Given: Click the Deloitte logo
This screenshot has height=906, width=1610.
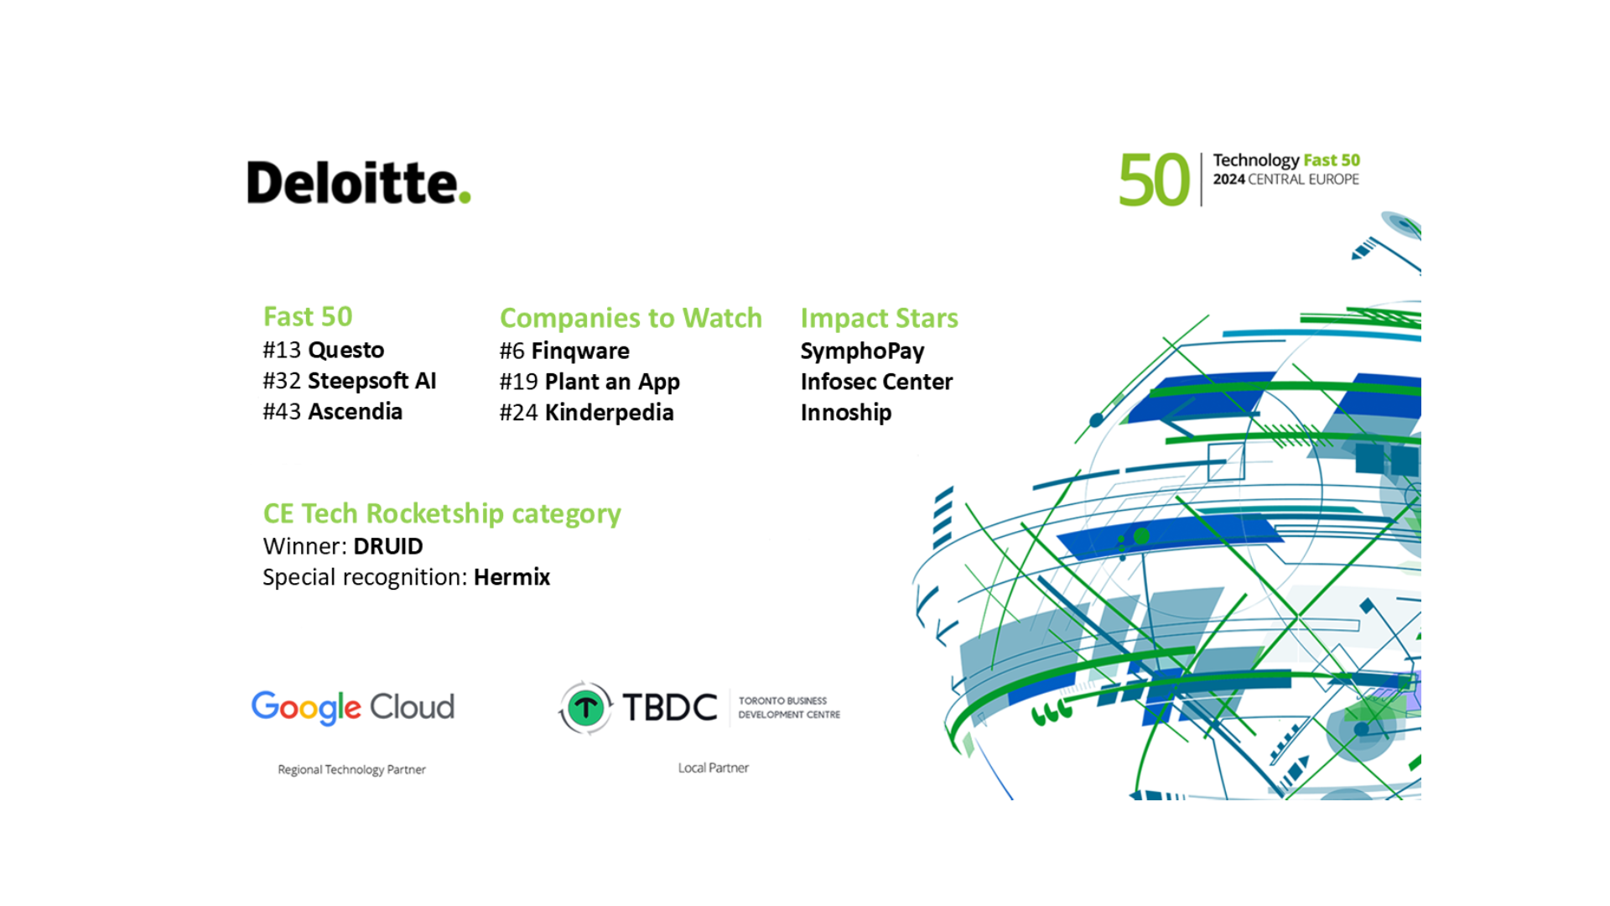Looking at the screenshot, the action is point(359,182).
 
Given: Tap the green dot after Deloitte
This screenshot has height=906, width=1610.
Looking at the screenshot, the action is point(465,198).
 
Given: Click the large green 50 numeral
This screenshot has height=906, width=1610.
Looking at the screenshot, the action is point(1154,180).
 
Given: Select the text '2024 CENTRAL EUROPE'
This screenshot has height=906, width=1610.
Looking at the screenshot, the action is point(1285,180).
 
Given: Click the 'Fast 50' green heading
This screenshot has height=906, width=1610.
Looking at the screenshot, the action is point(308,316).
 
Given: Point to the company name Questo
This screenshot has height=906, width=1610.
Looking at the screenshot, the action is point(345,350).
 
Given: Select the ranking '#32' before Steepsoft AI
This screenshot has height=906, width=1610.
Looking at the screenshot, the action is point(282,381).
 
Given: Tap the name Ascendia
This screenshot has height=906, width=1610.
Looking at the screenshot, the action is point(356,412).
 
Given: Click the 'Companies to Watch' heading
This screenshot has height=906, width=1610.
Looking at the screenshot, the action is point(631,318).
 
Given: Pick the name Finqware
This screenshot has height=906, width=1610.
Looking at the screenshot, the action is point(580,351).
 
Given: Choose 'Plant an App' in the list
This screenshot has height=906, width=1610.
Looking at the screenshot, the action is point(612,382).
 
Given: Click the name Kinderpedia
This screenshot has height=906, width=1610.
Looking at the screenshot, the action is point(610,413).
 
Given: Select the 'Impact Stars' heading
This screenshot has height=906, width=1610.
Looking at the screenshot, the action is point(879,318).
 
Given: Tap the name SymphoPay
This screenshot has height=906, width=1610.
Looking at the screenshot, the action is point(862,351).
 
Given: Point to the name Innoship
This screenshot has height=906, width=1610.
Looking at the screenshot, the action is point(846,413).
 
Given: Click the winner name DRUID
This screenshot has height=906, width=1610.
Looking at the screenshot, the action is point(388,546).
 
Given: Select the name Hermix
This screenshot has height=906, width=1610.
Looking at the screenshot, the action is point(512,577).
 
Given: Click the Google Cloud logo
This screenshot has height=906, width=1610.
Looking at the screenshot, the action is point(353,707).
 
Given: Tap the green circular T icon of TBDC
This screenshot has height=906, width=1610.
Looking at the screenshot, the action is point(586,708).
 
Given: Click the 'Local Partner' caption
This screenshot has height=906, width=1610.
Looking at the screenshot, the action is point(714,768).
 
